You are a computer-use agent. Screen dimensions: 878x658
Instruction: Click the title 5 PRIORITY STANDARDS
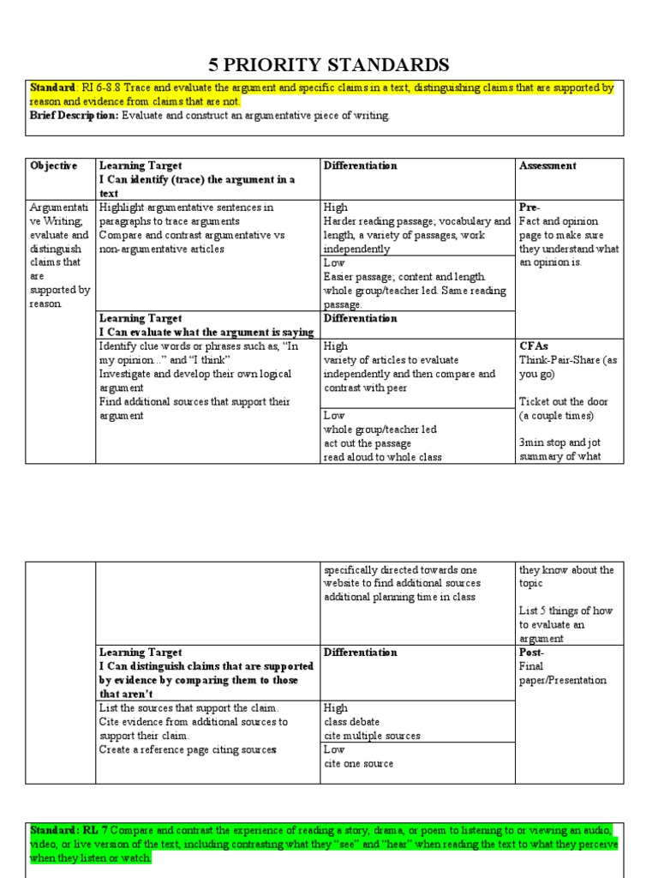tap(329, 64)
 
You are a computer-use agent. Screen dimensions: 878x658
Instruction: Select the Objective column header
tap(53, 165)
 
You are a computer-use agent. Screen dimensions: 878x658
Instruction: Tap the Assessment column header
tap(547, 165)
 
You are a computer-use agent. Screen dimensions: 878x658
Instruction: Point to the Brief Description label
tap(75, 116)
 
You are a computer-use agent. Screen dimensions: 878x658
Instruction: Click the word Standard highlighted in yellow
tap(53, 88)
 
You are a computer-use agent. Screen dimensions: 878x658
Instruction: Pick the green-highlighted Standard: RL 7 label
tap(69, 831)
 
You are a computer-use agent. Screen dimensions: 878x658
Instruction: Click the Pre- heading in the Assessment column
tap(529, 207)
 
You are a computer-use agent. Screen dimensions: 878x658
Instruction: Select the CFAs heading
tap(534, 346)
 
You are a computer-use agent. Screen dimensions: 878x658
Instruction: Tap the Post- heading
tap(531, 652)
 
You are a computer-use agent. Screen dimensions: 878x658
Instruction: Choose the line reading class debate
tap(351, 722)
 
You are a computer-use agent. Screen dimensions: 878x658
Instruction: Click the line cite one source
tap(358, 763)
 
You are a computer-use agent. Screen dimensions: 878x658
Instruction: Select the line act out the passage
tap(367, 443)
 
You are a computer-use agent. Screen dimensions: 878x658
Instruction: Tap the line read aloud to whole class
tap(382, 457)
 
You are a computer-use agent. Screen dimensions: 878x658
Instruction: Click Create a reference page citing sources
tap(188, 749)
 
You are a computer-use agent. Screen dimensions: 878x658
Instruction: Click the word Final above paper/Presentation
tap(532, 666)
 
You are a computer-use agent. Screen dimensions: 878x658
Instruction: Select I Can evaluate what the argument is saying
tap(206, 333)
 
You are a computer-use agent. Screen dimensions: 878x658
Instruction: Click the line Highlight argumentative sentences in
tap(186, 207)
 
